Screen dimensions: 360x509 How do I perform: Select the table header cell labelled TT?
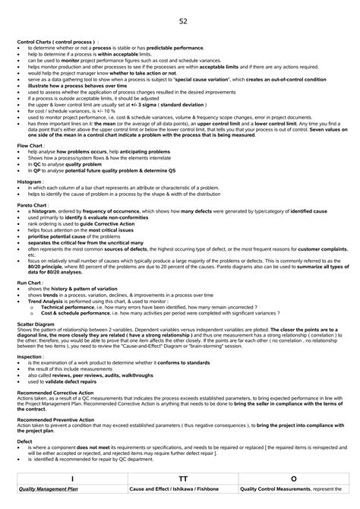(x=181, y=479)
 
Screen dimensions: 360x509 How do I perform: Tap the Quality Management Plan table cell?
(x=49, y=490)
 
